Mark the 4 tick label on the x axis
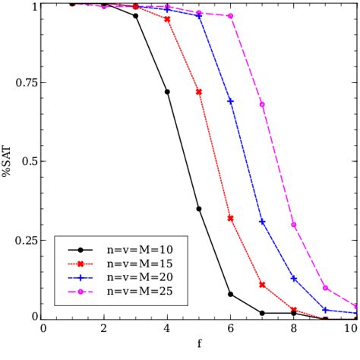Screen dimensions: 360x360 pos(167,329)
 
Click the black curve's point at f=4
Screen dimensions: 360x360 pos(167,92)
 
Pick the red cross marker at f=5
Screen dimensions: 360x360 pos(199,92)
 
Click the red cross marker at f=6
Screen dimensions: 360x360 pos(230,218)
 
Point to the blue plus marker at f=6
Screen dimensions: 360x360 pos(230,101)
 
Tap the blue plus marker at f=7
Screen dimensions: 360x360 pos(262,222)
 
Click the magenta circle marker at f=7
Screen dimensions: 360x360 pos(262,104)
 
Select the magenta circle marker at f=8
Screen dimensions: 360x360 pos(293,225)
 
